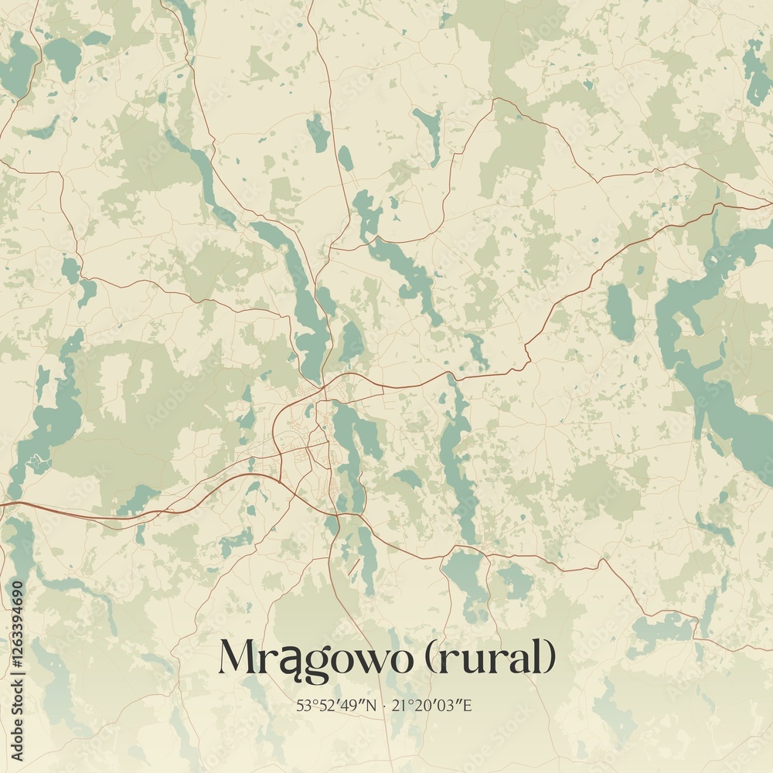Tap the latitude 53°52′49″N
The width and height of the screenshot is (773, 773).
pos(336,705)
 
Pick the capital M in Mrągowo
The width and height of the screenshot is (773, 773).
pos(240,657)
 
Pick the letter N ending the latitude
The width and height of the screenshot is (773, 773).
pos(372,705)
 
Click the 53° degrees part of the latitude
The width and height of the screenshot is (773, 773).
pos(305,705)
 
